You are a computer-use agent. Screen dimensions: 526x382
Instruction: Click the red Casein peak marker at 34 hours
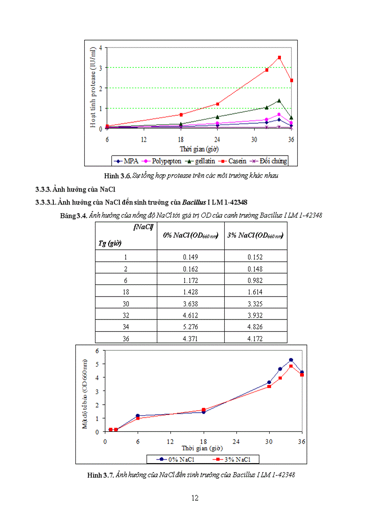tap(279, 57)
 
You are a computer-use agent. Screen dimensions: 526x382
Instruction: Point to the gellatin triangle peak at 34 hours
tap(279, 101)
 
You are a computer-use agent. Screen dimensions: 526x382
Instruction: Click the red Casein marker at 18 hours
tap(181, 114)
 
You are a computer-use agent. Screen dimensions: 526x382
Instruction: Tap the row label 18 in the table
tap(126, 292)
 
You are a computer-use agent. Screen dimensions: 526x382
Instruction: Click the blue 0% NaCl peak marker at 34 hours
tap(291, 360)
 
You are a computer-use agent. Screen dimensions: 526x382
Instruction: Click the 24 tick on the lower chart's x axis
tap(236, 441)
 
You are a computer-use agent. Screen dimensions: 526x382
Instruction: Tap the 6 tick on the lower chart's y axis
tap(97, 350)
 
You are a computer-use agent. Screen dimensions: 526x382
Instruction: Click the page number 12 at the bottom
tap(195, 498)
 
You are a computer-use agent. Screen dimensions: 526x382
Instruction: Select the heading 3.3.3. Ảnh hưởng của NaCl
tap(75, 189)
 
